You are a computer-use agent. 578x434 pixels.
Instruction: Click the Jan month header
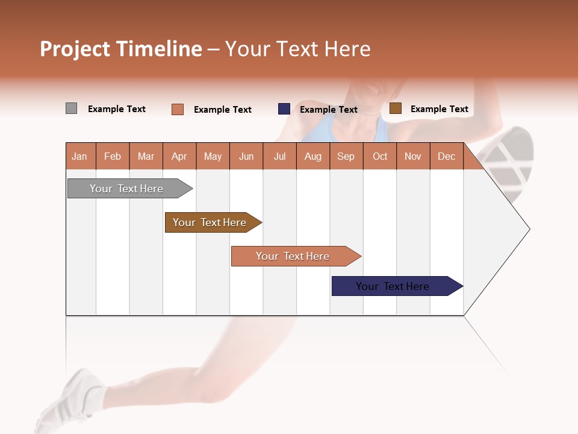coord(79,157)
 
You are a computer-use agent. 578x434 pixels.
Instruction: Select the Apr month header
coord(179,157)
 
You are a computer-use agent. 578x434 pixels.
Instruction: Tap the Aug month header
coord(312,157)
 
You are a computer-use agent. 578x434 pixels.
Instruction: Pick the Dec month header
coord(446,157)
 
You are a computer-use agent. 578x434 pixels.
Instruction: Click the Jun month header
coord(246,157)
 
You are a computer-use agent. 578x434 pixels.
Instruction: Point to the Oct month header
coord(380,157)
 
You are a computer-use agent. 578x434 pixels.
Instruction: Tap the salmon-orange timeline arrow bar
coord(293,256)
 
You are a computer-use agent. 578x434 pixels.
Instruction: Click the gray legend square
coord(71,108)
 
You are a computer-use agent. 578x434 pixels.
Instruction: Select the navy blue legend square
coord(284,109)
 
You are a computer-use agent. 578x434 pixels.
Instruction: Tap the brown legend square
coord(395,108)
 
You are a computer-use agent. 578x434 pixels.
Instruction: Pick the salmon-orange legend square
coord(178,109)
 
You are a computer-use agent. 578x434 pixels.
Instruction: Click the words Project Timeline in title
coord(120,49)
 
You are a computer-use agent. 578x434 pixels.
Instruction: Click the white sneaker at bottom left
coord(66,401)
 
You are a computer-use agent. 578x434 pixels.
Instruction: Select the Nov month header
coord(413,157)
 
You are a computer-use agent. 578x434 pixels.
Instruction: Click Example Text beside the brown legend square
coord(439,109)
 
